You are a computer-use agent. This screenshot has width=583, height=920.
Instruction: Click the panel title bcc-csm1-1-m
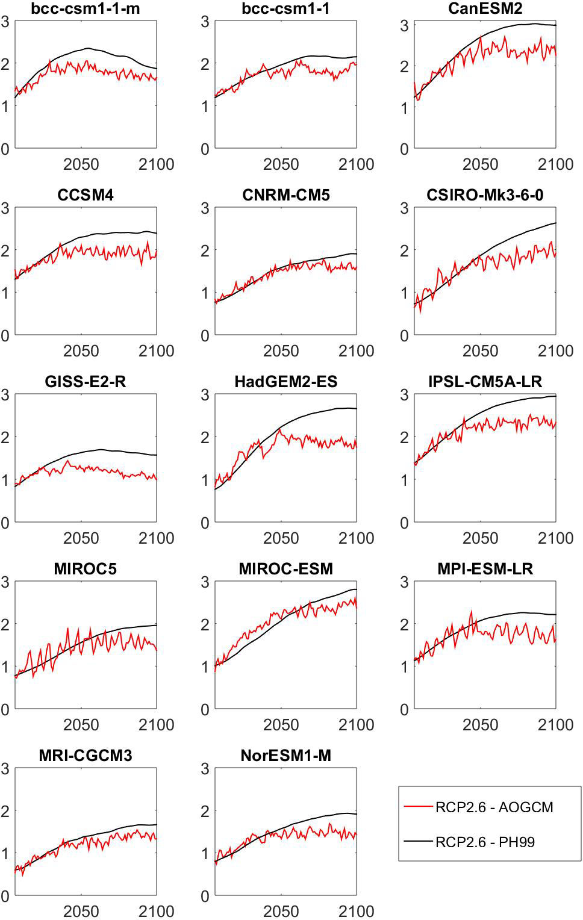tap(86, 8)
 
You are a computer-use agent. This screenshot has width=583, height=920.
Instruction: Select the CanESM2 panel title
tap(485, 8)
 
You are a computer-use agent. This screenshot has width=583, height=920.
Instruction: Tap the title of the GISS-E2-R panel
tap(86, 382)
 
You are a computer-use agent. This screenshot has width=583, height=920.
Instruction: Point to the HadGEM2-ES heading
tap(286, 382)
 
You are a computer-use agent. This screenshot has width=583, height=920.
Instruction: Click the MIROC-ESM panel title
tap(286, 569)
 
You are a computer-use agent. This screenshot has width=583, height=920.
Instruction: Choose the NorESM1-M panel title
tap(286, 756)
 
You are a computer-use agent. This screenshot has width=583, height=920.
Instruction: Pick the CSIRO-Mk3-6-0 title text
tap(485, 195)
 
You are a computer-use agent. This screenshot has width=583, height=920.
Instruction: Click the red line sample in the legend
tap(418, 807)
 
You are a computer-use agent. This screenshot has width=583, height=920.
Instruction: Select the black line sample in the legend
tap(418, 842)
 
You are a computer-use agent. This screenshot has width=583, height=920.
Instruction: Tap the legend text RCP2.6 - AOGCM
tap(494, 807)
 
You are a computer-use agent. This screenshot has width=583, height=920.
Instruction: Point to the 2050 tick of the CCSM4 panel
tap(81, 351)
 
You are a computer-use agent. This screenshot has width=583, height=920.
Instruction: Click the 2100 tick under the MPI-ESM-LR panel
tap(555, 725)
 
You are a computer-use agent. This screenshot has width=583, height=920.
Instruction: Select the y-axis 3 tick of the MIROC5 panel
tap(5, 582)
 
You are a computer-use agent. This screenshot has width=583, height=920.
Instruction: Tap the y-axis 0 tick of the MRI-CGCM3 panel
tap(5, 897)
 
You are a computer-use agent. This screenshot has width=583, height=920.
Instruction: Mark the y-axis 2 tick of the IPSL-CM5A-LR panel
tap(405, 437)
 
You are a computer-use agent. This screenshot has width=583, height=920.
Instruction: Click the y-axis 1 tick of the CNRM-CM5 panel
tap(205, 293)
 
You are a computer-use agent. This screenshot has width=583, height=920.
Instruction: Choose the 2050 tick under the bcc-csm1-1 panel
tap(281, 164)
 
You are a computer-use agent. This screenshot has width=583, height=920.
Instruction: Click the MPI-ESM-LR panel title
tap(485, 569)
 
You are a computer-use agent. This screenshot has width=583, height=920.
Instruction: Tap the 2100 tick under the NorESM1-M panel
tap(356, 912)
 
